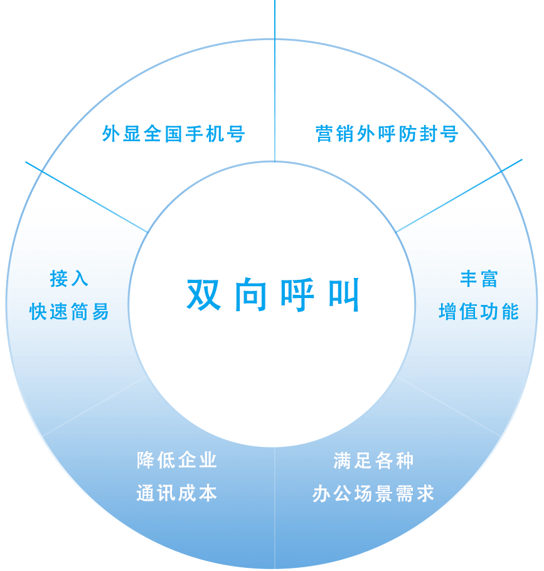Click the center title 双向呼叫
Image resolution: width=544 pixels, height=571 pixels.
274,294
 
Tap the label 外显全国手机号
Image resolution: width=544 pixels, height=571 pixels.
173,134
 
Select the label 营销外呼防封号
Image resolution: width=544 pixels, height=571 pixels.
387,134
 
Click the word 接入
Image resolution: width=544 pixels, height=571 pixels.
69,279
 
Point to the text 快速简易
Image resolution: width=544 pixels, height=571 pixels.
69,311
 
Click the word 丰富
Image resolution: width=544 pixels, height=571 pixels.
479,279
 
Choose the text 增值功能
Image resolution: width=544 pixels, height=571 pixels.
479,311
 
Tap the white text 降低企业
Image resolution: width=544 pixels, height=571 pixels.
177,460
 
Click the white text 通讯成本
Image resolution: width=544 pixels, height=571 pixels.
177,493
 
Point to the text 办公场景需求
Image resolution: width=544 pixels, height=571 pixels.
374,494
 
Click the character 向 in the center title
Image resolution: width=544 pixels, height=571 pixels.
251,294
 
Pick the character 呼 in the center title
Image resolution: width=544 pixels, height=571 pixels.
297,294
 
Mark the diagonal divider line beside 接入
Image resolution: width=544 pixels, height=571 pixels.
88,198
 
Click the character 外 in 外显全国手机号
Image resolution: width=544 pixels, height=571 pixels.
110,134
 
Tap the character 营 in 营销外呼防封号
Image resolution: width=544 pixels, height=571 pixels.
324,134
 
